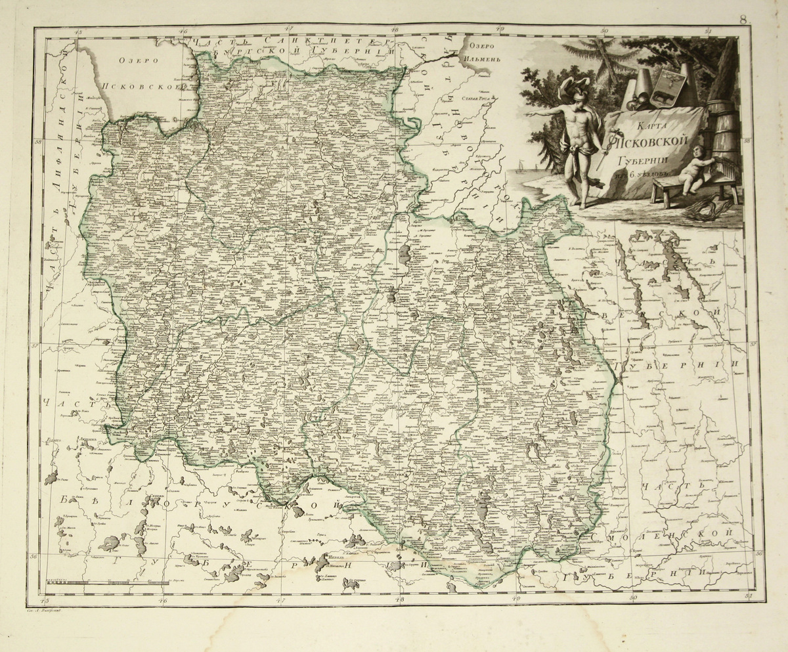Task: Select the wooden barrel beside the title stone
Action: click(x=722, y=125)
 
